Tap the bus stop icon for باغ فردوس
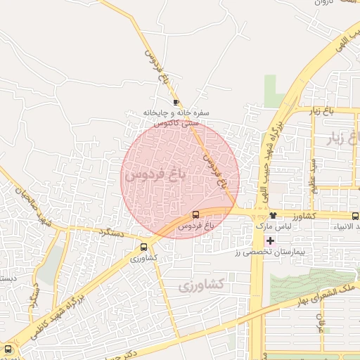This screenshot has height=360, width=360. [x=195, y=214]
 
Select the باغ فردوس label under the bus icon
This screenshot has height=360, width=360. [x=194, y=226]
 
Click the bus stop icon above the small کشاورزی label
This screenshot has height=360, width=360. [x=144, y=247]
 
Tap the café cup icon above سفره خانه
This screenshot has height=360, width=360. [x=175, y=103]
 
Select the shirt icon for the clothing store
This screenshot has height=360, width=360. [x=273, y=215]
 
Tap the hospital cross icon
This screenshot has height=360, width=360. [x=270, y=240]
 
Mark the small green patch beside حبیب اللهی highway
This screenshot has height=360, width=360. [x=274, y=91]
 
